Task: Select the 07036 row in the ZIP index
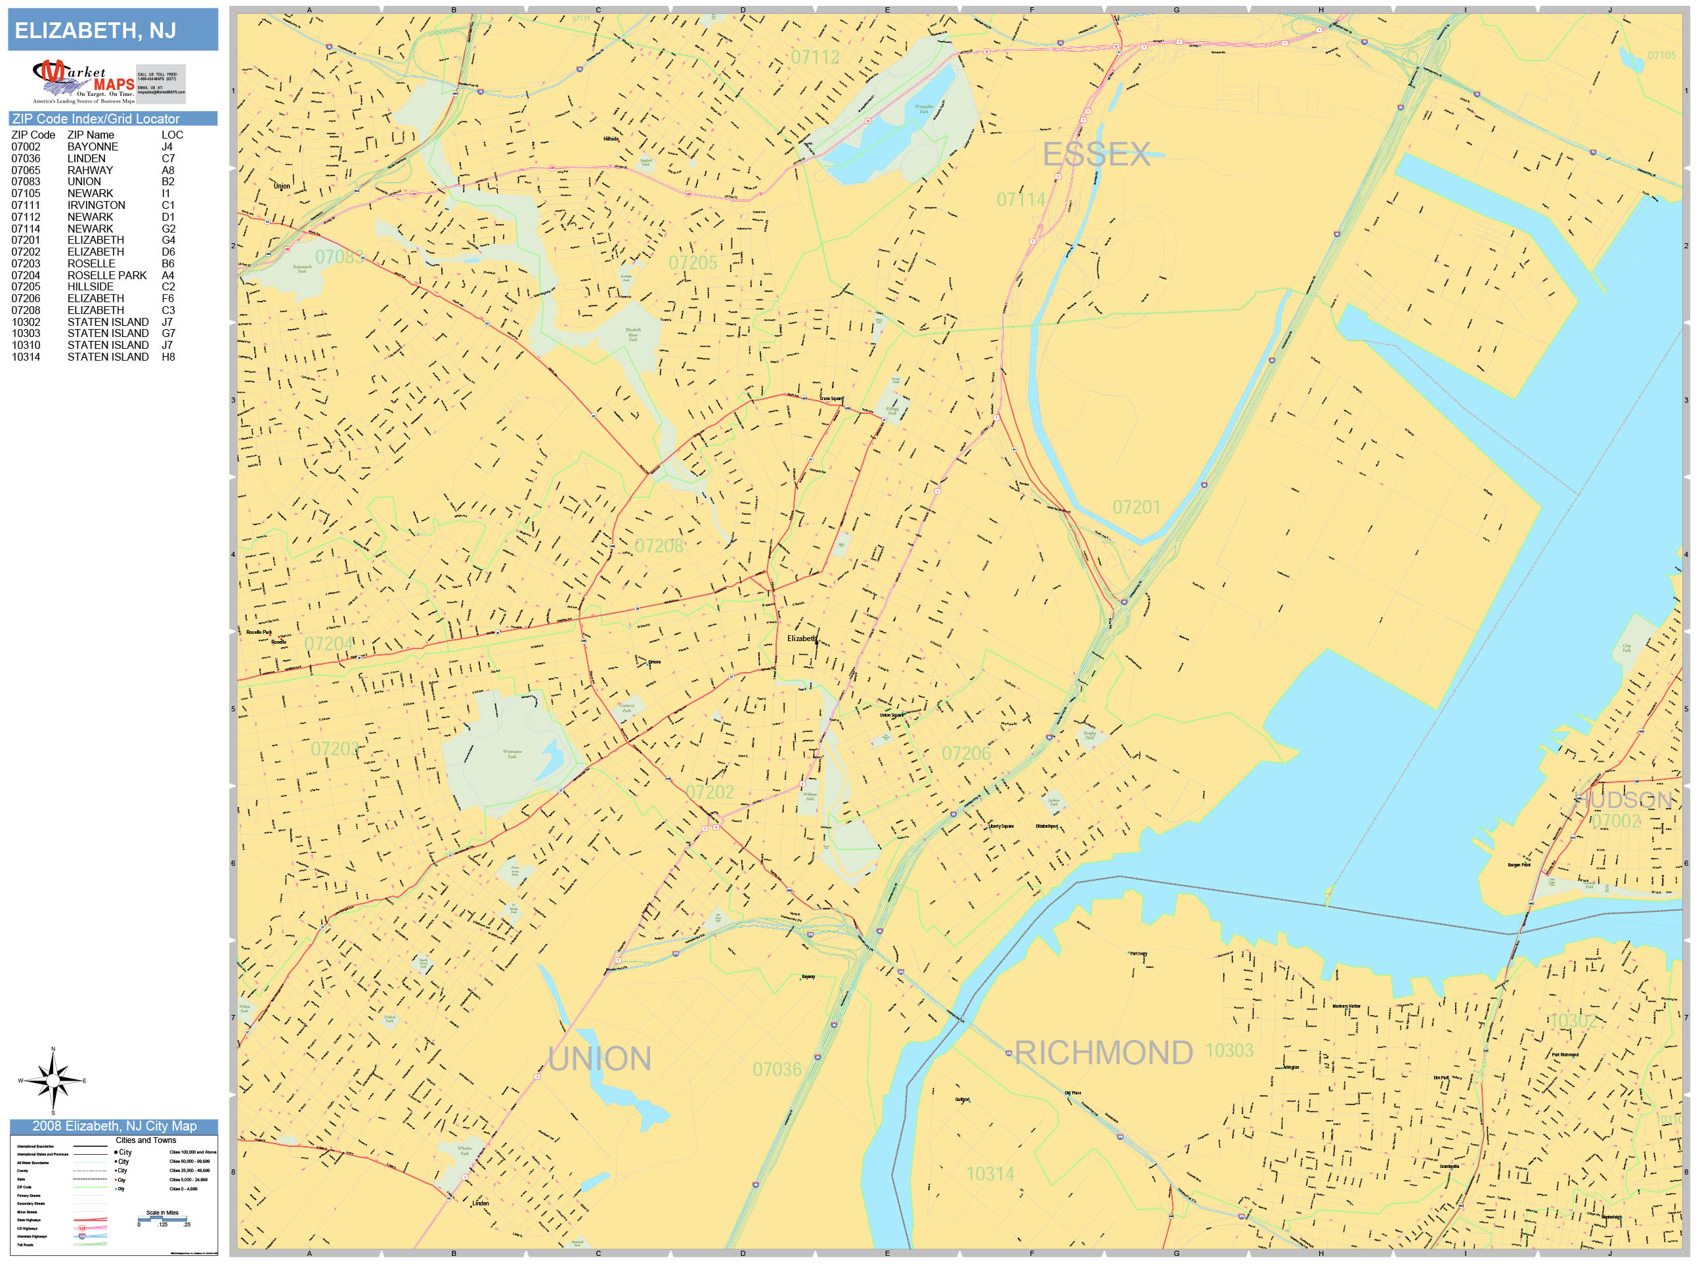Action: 93,158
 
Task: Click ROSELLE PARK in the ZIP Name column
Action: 106,276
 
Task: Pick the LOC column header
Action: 171,135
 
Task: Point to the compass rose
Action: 53,1081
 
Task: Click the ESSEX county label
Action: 1096,155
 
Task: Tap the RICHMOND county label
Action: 1103,1053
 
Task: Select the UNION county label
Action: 600,1059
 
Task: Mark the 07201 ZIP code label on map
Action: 1136,507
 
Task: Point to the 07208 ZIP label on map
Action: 659,546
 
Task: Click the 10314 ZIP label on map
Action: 990,1174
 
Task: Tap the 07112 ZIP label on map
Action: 815,57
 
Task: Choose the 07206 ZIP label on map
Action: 966,753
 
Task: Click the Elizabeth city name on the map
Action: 802,639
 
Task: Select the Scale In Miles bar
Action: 162,1219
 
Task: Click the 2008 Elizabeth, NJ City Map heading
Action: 114,1126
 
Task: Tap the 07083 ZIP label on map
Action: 339,256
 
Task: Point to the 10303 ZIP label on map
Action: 1229,1050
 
